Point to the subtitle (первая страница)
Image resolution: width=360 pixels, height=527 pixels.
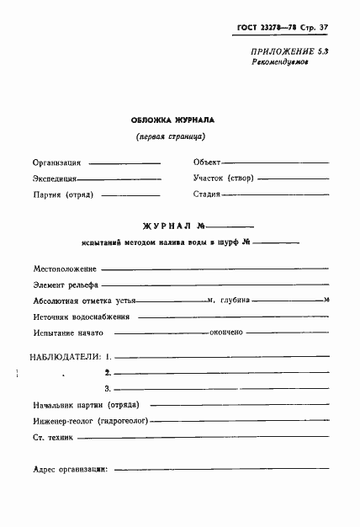(x=172, y=137)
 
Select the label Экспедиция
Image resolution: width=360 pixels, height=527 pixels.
(x=56, y=178)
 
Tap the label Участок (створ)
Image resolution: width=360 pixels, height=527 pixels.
(x=223, y=178)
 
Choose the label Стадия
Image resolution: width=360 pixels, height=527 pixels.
(x=207, y=194)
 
